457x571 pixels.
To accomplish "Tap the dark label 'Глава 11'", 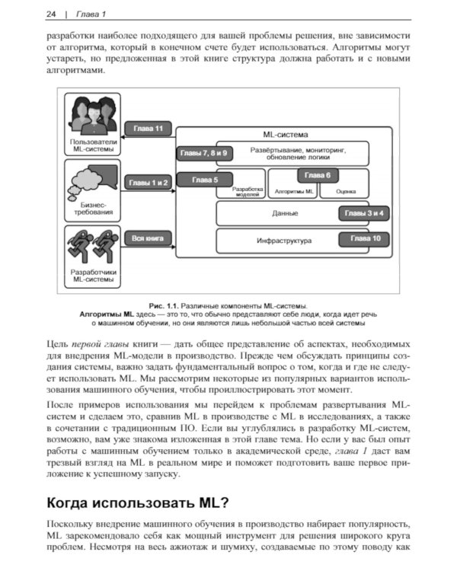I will pyautogui.click(x=148, y=129).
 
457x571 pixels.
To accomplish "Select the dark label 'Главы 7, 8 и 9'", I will pyautogui.click(x=203, y=153).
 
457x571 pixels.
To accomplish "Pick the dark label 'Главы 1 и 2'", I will pyautogui.click(x=148, y=183).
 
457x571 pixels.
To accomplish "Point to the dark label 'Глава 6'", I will pyautogui.click(x=318, y=175).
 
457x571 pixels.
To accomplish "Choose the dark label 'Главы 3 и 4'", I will pyautogui.click(x=364, y=213).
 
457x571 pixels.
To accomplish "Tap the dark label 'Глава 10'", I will pyautogui.click(x=364, y=239).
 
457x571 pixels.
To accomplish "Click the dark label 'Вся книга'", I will pyautogui.click(x=148, y=238).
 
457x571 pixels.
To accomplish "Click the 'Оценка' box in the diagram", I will pyautogui.click(x=347, y=193).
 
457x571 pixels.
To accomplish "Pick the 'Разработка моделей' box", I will pyautogui.click(x=248, y=192).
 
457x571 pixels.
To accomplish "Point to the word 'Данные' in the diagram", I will pyautogui.click(x=284, y=213).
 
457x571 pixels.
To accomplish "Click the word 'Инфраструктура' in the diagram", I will pyautogui.click(x=284, y=241).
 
